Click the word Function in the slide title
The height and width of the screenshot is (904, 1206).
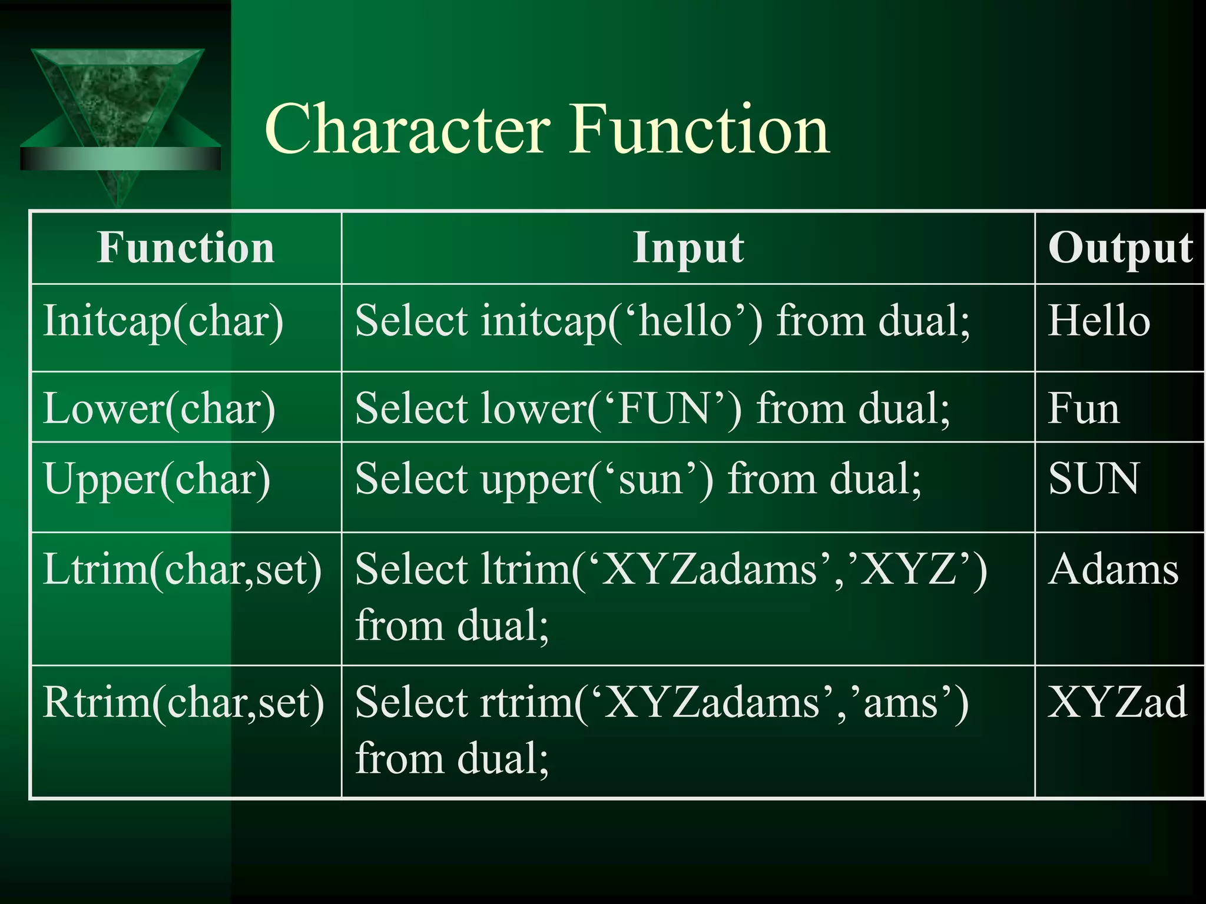701,129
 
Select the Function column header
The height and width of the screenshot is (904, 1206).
186,248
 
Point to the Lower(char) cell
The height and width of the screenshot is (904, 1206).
159,408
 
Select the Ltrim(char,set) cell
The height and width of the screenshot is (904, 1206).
183,570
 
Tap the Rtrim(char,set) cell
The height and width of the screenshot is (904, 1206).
184,703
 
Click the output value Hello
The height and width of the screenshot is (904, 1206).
1099,321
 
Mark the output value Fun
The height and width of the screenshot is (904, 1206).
1084,408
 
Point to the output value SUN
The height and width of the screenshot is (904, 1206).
1094,478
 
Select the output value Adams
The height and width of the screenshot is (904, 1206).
1114,570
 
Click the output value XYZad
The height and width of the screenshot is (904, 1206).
1117,702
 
